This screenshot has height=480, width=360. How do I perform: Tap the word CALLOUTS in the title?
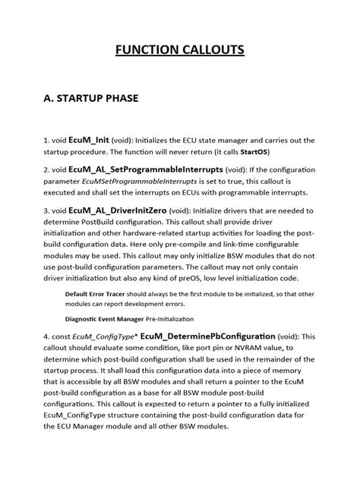(212, 50)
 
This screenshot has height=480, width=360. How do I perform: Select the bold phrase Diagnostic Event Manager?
(107, 319)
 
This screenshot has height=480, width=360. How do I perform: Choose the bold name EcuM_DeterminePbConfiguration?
(211, 336)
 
